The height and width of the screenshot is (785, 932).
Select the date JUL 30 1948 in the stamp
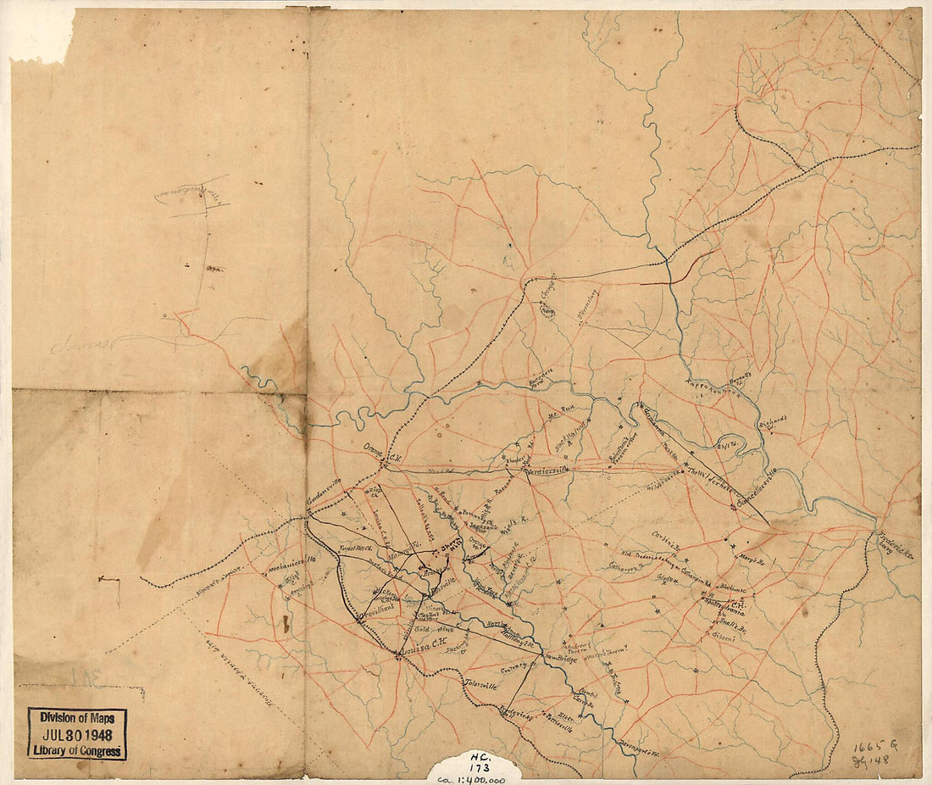click(76, 734)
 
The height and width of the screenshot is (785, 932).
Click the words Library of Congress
click(76, 750)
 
